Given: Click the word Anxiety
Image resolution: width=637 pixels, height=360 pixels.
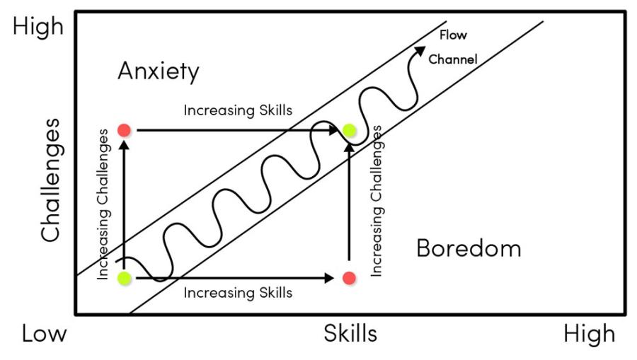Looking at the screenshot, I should pyautogui.click(x=159, y=71).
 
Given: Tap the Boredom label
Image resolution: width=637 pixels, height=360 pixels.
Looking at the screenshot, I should pyautogui.click(x=469, y=248).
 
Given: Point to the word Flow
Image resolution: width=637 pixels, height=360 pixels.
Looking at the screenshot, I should pyautogui.click(x=453, y=35).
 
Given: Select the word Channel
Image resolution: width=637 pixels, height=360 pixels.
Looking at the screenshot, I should pyautogui.click(x=453, y=59).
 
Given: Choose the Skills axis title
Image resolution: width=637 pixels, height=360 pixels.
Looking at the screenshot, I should pyautogui.click(x=350, y=332).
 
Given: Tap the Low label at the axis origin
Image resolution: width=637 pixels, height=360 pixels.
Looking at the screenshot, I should pyautogui.click(x=44, y=333).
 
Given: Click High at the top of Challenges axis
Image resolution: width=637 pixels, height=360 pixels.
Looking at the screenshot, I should pyautogui.click(x=38, y=28).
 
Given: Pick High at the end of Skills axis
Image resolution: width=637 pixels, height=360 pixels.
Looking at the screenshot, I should pyautogui.click(x=589, y=333).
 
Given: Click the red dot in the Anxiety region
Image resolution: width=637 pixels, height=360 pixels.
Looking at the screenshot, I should pyautogui.click(x=124, y=130).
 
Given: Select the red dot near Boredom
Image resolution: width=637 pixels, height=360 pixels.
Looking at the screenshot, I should pyautogui.click(x=348, y=278).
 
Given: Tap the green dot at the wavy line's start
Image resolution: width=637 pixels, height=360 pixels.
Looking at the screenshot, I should pyautogui.click(x=125, y=278).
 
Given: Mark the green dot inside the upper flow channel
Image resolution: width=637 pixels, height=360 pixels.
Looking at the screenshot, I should pyautogui.click(x=350, y=130).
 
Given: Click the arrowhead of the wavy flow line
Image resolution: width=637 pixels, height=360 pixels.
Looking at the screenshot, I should pyautogui.click(x=421, y=49).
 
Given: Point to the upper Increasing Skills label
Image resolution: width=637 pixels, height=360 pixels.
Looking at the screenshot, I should pyautogui.click(x=238, y=111).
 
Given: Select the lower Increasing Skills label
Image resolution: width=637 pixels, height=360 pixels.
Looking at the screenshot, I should pyautogui.click(x=238, y=291).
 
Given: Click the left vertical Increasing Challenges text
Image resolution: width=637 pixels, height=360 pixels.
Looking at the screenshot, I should pyautogui.click(x=104, y=204).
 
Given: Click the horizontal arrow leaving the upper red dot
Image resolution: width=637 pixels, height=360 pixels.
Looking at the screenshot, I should pyautogui.click(x=234, y=130).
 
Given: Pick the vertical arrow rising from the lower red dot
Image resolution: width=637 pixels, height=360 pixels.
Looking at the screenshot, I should pyautogui.click(x=348, y=205).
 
